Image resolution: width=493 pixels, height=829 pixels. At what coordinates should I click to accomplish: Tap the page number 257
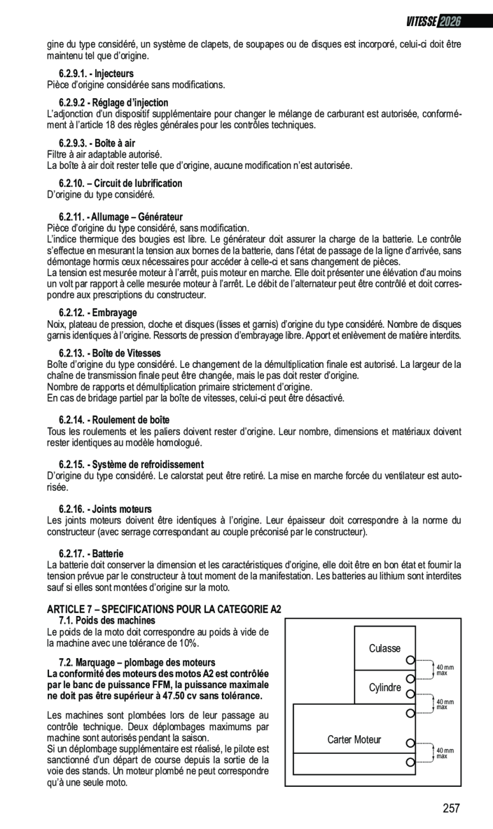click(451, 808)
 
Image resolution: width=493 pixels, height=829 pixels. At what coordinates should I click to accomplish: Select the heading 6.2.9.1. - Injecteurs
click(96, 74)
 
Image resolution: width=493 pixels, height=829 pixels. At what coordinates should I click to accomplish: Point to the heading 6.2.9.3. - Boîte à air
click(97, 143)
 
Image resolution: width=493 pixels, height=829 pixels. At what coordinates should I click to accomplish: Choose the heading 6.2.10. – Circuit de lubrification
click(121, 184)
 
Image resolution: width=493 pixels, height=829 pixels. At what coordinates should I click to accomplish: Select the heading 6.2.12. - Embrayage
click(98, 312)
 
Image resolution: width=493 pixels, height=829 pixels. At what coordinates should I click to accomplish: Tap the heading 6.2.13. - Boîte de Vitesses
click(110, 353)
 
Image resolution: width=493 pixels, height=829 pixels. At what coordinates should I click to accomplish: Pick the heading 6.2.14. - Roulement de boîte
click(114, 420)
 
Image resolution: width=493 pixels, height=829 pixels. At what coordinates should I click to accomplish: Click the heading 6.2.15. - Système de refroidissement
click(131, 464)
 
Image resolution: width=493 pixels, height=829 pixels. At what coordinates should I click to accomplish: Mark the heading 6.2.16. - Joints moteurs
click(105, 509)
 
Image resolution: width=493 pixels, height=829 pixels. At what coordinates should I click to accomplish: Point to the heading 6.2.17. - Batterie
click(91, 554)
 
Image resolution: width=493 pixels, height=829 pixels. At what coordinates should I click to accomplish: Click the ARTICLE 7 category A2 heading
click(165, 610)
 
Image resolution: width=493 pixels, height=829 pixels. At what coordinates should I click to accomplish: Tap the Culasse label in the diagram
click(385, 649)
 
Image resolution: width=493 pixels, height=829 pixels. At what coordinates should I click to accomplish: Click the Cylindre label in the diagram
click(385, 687)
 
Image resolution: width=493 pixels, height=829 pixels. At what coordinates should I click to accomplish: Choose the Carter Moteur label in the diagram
click(354, 740)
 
